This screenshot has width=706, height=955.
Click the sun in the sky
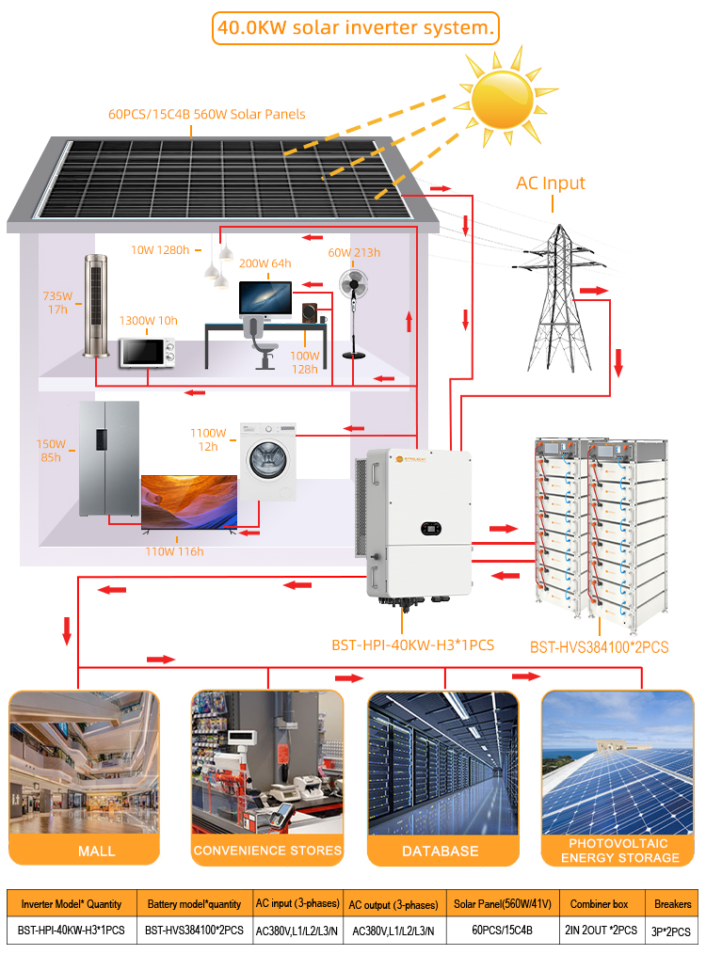503,99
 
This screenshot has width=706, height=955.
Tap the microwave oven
148,353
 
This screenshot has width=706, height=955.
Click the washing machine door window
267,460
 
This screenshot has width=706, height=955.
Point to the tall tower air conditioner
96,306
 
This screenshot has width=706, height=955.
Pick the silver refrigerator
109,458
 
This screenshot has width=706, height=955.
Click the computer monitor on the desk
265,299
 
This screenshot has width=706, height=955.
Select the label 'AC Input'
551,183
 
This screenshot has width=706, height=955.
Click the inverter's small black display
431,528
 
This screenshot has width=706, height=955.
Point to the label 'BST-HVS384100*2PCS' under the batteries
600,646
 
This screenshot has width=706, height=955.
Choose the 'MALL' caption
97,851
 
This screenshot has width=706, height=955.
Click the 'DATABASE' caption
441,851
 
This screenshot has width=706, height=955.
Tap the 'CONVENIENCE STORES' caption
267,851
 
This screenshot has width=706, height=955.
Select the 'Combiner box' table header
599,904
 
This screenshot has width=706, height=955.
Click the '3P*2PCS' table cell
671,931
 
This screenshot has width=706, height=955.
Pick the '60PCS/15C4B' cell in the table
502,930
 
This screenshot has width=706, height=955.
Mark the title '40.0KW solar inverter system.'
356,28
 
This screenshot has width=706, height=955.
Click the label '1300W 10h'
148,320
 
